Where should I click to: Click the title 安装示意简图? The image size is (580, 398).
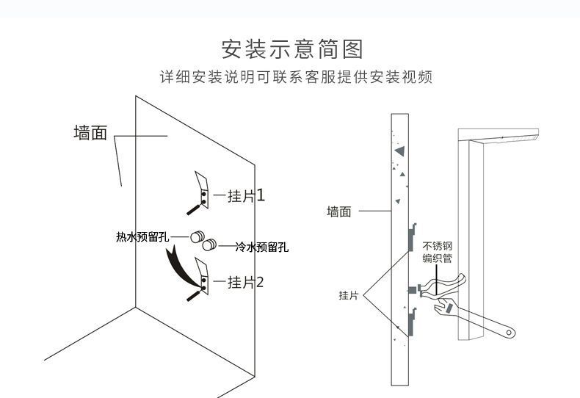pyautogui.click(x=292, y=50)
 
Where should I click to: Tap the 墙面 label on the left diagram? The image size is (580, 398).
pyautogui.click(x=90, y=134)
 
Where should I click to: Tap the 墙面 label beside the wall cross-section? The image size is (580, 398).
pyautogui.click(x=338, y=211)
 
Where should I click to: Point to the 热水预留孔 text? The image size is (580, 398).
pyautogui.click(x=142, y=236)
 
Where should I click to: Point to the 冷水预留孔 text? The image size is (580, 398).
pyautogui.click(x=261, y=247)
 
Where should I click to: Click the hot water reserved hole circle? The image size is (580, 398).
pyautogui.click(x=196, y=237)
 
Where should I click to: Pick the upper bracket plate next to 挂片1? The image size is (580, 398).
pyautogui.click(x=201, y=189)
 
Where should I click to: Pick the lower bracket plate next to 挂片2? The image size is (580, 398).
pyautogui.click(x=201, y=275)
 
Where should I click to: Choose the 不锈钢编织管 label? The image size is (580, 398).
pyautogui.click(x=437, y=252)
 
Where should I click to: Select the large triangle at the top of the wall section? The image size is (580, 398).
pyautogui.click(x=399, y=151)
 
